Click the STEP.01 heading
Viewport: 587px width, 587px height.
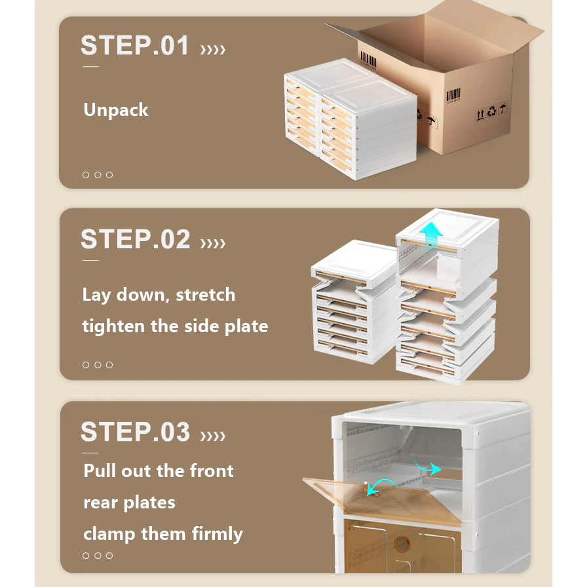[x=135, y=46]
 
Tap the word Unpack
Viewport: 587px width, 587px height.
[x=116, y=109]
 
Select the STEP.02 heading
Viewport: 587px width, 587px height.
[x=136, y=239]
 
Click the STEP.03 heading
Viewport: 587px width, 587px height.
[x=136, y=432]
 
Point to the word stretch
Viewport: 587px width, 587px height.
[x=206, y=295]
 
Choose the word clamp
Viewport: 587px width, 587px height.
[x=109, y=534]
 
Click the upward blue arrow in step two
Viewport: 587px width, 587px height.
[x=431, y=234]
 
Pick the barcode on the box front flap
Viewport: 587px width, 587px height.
[x=368, y=60]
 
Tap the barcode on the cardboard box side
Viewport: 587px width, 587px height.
[x=453, y=95]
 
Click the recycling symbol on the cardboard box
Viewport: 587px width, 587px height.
[x=491, y=111]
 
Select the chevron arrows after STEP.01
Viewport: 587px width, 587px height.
[x=213, y=49]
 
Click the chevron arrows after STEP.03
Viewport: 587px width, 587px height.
[x=213, y=436]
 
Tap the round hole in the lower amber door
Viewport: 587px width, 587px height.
[x=402, y=544]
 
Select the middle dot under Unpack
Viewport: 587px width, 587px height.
[x=98, y=175]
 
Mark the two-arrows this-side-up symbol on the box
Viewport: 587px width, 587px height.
[x=480, y=114]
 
